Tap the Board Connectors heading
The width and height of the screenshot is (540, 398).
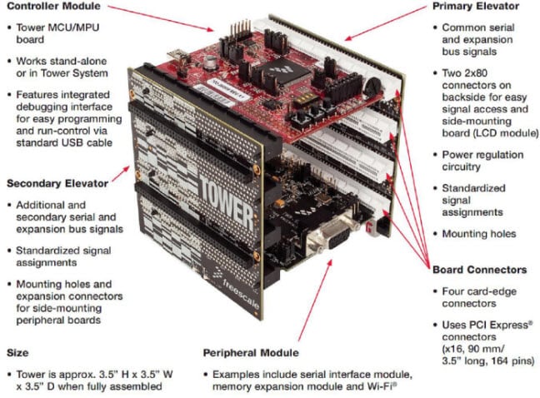478,270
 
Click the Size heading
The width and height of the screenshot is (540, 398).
18,352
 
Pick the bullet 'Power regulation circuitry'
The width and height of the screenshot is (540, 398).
482,161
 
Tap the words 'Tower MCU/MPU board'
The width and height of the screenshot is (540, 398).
57,33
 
